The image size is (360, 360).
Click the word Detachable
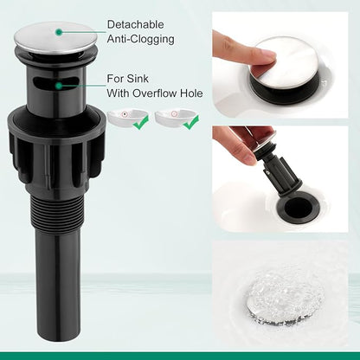(x=135, y=24)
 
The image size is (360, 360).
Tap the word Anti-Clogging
(x=141, y=39)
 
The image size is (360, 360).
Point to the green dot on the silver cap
(x=59, y=32)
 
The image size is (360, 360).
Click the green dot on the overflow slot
(x=59, y=86)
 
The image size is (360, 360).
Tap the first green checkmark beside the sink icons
(x=142, y=122)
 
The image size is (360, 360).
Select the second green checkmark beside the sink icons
(x=191, y=122)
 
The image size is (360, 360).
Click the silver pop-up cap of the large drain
(x=55, y=38)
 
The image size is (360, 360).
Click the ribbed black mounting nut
(x=56, y=150)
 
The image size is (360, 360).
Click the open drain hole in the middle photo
(x=299, y=207)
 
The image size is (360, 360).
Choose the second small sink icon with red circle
(x=176, y=116)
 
